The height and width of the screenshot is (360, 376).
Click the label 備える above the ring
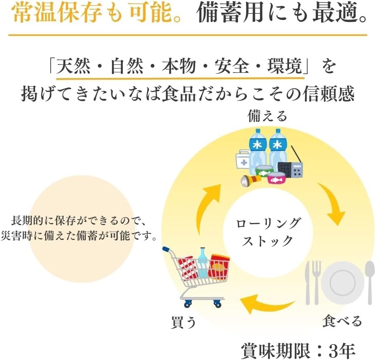point(267,116)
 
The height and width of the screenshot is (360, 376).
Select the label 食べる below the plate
point(342,321)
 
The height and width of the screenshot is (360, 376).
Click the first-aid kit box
point(243,159)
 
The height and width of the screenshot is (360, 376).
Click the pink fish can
point(278,178)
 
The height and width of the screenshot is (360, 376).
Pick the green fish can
point(264,171)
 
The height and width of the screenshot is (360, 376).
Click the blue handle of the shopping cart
point(166,249)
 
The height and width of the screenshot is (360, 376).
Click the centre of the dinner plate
point(343,283)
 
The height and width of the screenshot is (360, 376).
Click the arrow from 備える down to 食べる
point(332,203)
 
